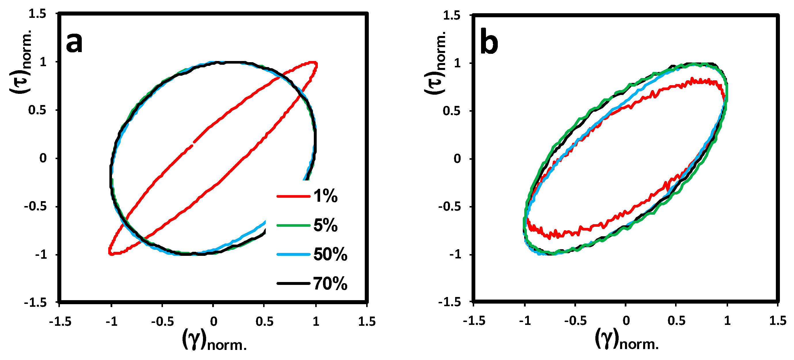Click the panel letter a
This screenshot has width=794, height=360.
tap(74, 43)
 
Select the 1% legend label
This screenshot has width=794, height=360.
tap(326, 196)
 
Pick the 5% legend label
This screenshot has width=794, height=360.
tap(326, 225)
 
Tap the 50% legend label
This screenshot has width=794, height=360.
tap(330, 254)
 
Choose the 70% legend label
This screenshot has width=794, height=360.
tap(330, 283)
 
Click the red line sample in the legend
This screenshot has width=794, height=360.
tap(293, 196)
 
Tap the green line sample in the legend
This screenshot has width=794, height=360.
tap(293, 225)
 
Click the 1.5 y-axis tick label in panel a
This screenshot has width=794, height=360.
tap(37, 14)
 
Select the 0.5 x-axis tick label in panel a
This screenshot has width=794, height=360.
tap(264, 322)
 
